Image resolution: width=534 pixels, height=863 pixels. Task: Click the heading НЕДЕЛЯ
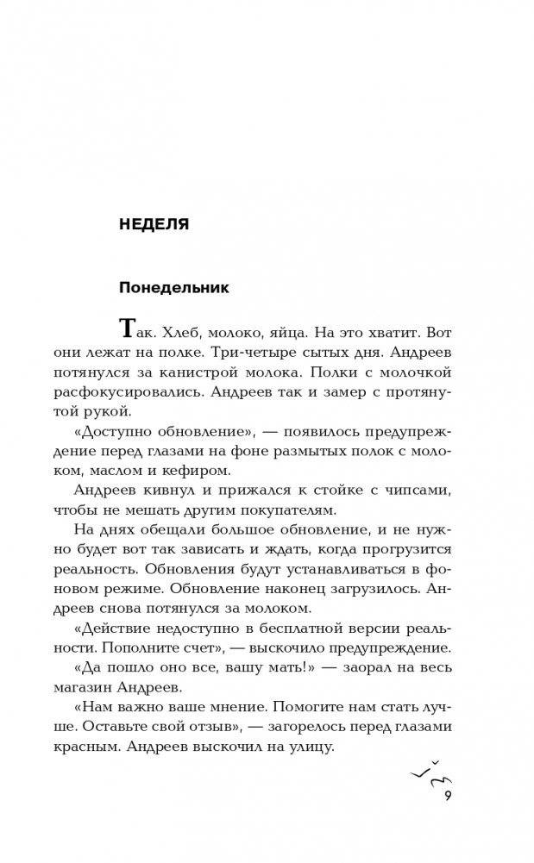[x=153, y=224]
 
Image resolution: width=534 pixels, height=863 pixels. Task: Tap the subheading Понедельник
[x=173, y=287]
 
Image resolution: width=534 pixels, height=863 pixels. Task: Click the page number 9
[x=449, y=797]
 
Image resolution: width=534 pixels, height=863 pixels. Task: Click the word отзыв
[x=244, y=729]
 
